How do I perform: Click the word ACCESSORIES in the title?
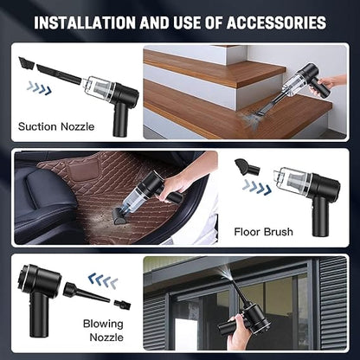click(275, 22)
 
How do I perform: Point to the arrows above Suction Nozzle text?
click(38, 87)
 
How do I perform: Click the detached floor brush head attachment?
click(244, 164)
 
